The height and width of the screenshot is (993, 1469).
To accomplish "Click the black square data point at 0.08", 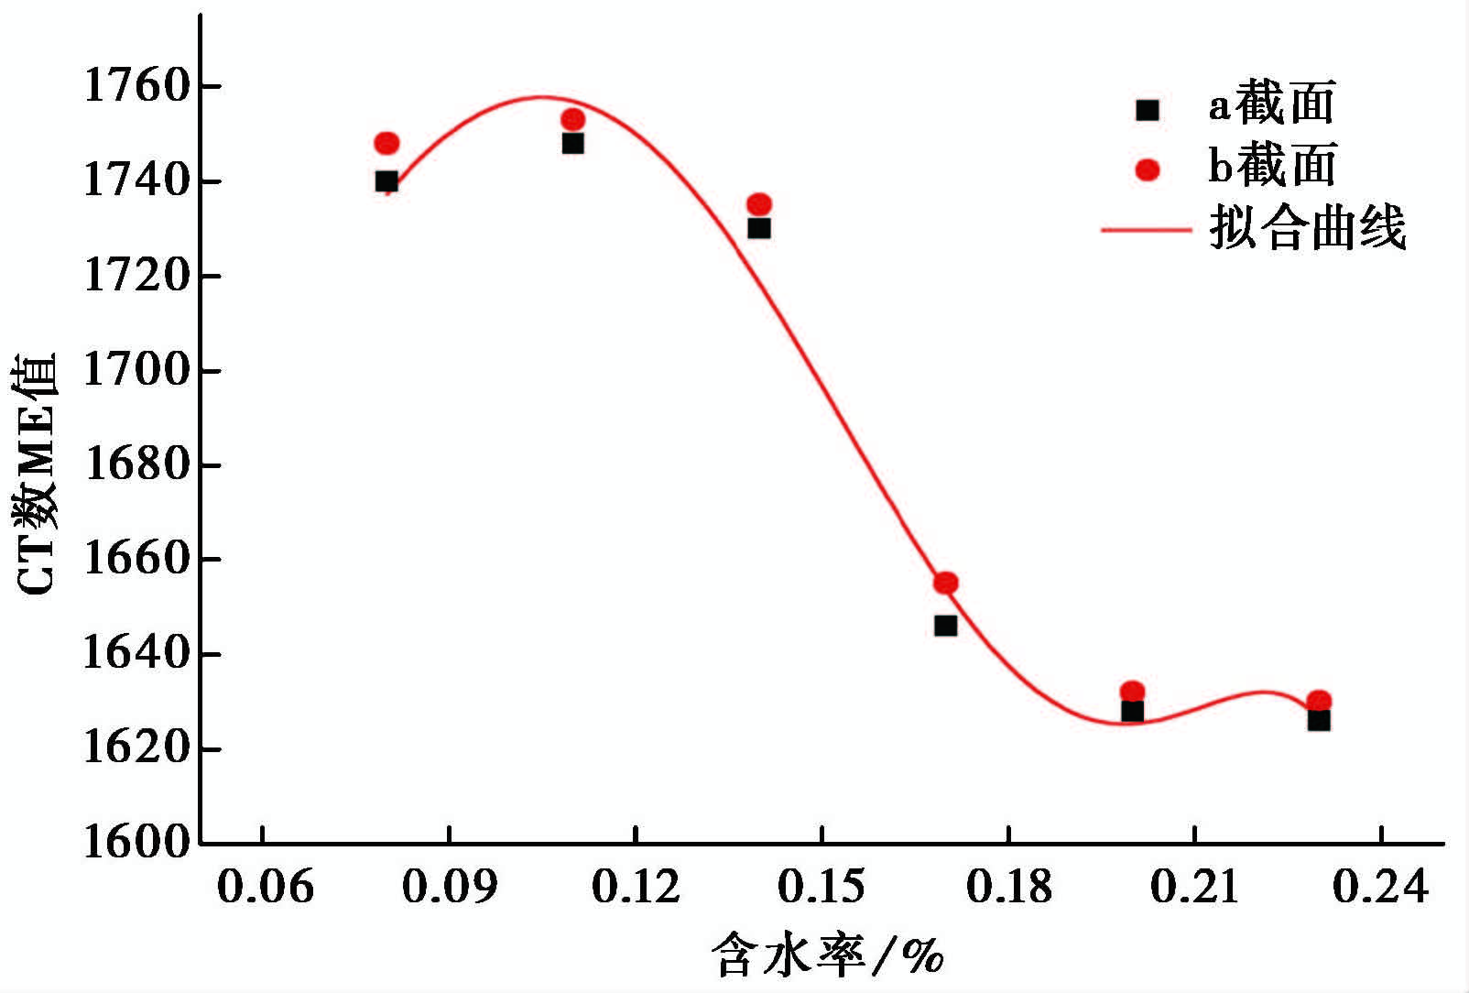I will [386, 181].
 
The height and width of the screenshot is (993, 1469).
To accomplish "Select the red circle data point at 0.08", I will [386, 143].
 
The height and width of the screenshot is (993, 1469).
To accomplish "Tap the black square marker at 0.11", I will [573, 143].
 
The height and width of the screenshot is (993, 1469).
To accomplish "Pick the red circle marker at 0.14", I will [759, 204].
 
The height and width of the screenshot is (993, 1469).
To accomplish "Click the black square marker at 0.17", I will [946, 626].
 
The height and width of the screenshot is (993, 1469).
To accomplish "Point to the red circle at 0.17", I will [946, 583].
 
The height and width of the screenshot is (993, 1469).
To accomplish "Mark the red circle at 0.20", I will [1133, 692].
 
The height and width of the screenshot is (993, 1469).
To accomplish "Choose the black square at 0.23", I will [1319, 720].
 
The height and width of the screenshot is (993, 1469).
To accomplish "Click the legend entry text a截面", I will [1272, 104].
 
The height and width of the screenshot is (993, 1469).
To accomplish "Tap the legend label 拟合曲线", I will [1308, 228].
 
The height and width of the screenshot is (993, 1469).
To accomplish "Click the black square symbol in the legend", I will [1148, 110].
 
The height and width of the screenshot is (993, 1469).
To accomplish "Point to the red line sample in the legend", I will [1146, 229].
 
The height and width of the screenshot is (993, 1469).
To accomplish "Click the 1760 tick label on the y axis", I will [136, 87].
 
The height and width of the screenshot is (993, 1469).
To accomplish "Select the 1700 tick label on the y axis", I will [136, 371].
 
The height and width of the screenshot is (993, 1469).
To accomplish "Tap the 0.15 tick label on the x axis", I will [822, 887].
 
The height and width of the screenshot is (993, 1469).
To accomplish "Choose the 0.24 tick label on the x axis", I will [1380, 887].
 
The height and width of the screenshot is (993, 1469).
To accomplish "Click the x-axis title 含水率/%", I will [827, 955].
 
